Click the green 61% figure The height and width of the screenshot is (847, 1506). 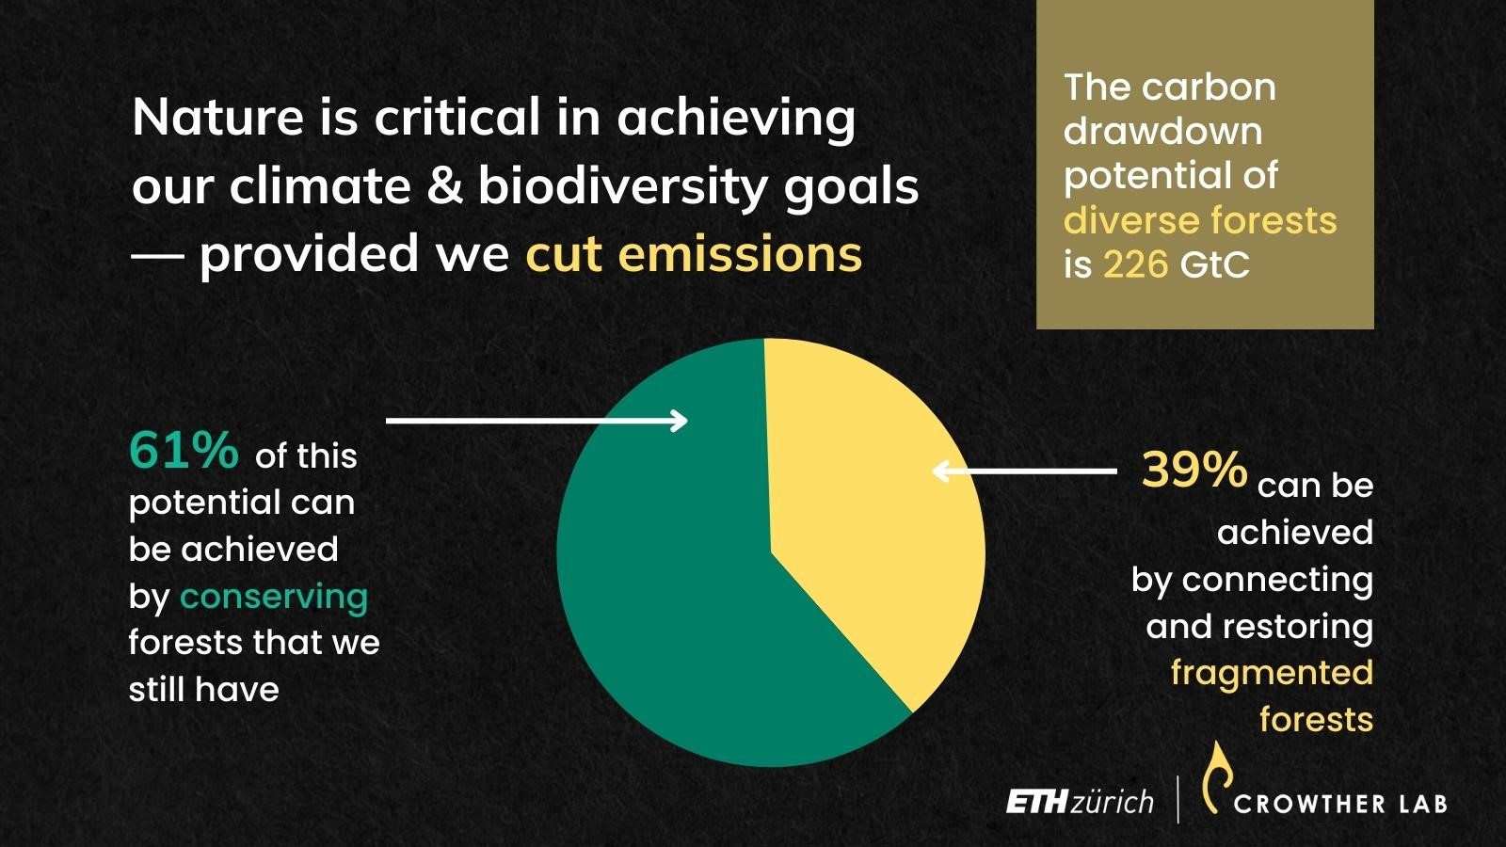point(184,450)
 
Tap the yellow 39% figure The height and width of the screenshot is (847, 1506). point(1194,469)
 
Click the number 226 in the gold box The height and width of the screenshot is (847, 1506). point(1135,264)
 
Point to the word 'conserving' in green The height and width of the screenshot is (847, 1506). point(274,598)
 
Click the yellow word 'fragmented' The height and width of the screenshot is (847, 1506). point(1272,673)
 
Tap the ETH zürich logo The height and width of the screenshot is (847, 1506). point(1080,802)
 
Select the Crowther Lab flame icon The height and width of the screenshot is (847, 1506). point(1218,777)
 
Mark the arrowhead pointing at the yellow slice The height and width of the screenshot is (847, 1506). point(942,471)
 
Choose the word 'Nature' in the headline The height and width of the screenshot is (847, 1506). point(217,117)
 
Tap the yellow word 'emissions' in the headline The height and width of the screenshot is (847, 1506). point(740,253)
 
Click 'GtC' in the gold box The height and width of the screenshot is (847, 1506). point(1214,264)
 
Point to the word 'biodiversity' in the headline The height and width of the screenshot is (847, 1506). point(622,187)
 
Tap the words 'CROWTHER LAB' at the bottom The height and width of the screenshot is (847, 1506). point(1340,804)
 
